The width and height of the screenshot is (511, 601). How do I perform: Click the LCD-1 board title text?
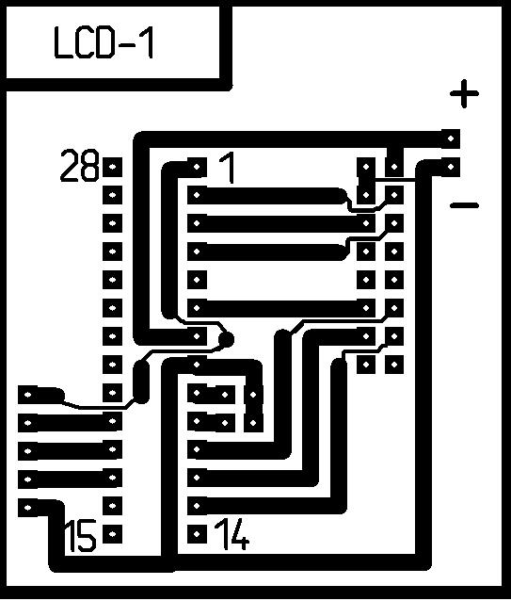coord(104,43)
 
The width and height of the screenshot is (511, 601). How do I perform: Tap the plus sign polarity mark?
coord(464,93)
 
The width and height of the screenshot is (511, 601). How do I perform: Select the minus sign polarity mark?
coord(464,205)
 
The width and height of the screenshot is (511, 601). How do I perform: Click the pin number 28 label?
coord(79,166)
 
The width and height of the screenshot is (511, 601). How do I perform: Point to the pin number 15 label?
coord(80,536)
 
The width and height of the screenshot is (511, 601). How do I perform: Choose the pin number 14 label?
coord(232,533)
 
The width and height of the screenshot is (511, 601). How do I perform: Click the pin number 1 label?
coord(228,167)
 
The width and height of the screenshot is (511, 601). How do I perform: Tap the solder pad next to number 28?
coord(113,167)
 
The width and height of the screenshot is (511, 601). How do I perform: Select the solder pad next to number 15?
coord(113,534)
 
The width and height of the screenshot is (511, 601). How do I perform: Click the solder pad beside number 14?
coord(197,534)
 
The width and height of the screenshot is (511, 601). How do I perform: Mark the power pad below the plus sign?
coord(451,138)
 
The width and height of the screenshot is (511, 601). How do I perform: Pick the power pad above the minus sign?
coord(451,167)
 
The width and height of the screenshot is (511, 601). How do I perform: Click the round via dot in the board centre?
coord(226,339)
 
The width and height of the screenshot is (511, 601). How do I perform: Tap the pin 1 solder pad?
coord(197,167)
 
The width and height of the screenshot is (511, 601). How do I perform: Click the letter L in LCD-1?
coord(63,43)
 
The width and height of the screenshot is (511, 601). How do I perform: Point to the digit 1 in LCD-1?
coord(149,43)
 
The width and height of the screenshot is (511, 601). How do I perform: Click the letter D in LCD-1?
coord(104,43)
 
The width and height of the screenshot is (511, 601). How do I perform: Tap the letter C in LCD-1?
coord(83,43)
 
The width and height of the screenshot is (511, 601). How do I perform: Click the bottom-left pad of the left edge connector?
coord(28,508)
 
